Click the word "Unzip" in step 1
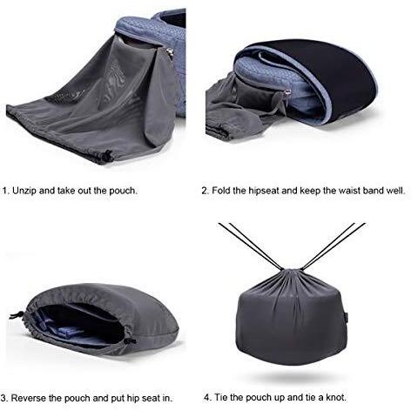coord(24,191)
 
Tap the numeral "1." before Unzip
coord(6,191)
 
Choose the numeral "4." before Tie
coord(208,397)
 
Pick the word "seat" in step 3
coord(151,398)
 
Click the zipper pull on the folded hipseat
coord(287,93)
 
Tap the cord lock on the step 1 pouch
coord(107,156)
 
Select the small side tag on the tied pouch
coord(347,317)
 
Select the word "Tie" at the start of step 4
coord(221,397)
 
